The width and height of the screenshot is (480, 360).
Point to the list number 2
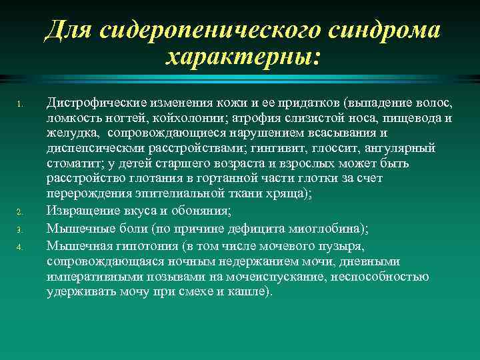pyautogui.click(x=20, y=213)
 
